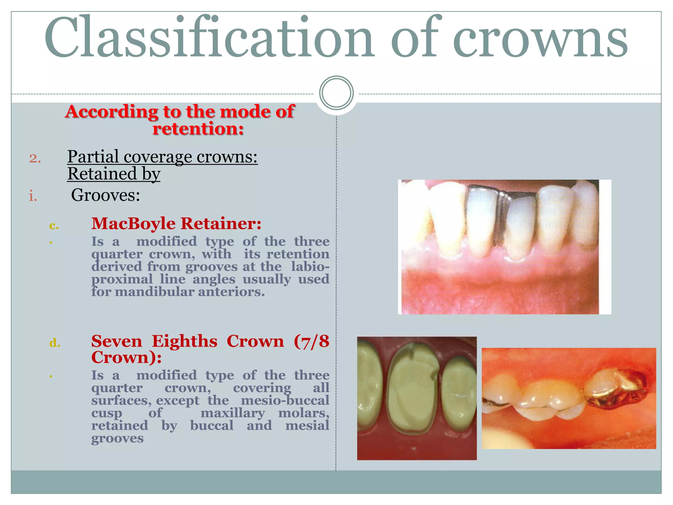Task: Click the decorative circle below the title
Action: [336, 93]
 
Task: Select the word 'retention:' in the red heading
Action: [198, 128]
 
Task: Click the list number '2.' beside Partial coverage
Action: [35, 158]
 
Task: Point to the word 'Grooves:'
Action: [105, 195]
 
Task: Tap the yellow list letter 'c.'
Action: [54, 226]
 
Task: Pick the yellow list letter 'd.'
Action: [55, 343]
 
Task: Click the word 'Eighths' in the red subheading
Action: [184, 341]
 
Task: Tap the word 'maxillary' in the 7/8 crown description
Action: [233, 413]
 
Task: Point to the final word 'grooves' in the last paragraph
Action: [117, 438]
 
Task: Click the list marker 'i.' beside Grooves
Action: [33, 196]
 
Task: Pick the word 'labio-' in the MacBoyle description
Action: [310, 266]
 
